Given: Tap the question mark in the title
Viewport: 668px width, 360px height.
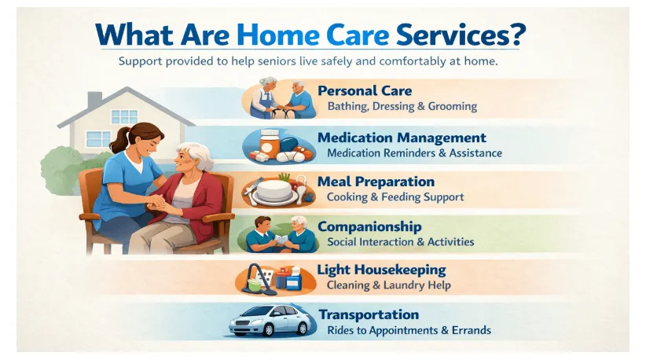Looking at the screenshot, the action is click(517, 34).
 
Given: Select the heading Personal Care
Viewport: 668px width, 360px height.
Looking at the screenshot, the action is click(365, 90).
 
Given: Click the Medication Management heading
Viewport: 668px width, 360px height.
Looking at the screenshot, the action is click(402, 138).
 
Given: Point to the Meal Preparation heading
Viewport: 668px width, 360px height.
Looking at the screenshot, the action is click(376, 182).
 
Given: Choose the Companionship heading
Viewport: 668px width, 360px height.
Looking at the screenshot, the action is click(369, 226).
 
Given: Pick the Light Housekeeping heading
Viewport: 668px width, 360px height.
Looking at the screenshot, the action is click(381, 270).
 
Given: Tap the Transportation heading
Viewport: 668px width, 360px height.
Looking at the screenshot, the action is click(369, 315).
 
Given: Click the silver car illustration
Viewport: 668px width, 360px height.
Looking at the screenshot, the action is click(270, 321).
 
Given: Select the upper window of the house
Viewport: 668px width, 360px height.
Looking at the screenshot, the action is click(124, 117).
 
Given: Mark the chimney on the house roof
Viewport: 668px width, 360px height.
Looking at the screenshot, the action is click(94, 101).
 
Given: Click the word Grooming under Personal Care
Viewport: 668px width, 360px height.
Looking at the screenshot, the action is click(453, 107).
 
